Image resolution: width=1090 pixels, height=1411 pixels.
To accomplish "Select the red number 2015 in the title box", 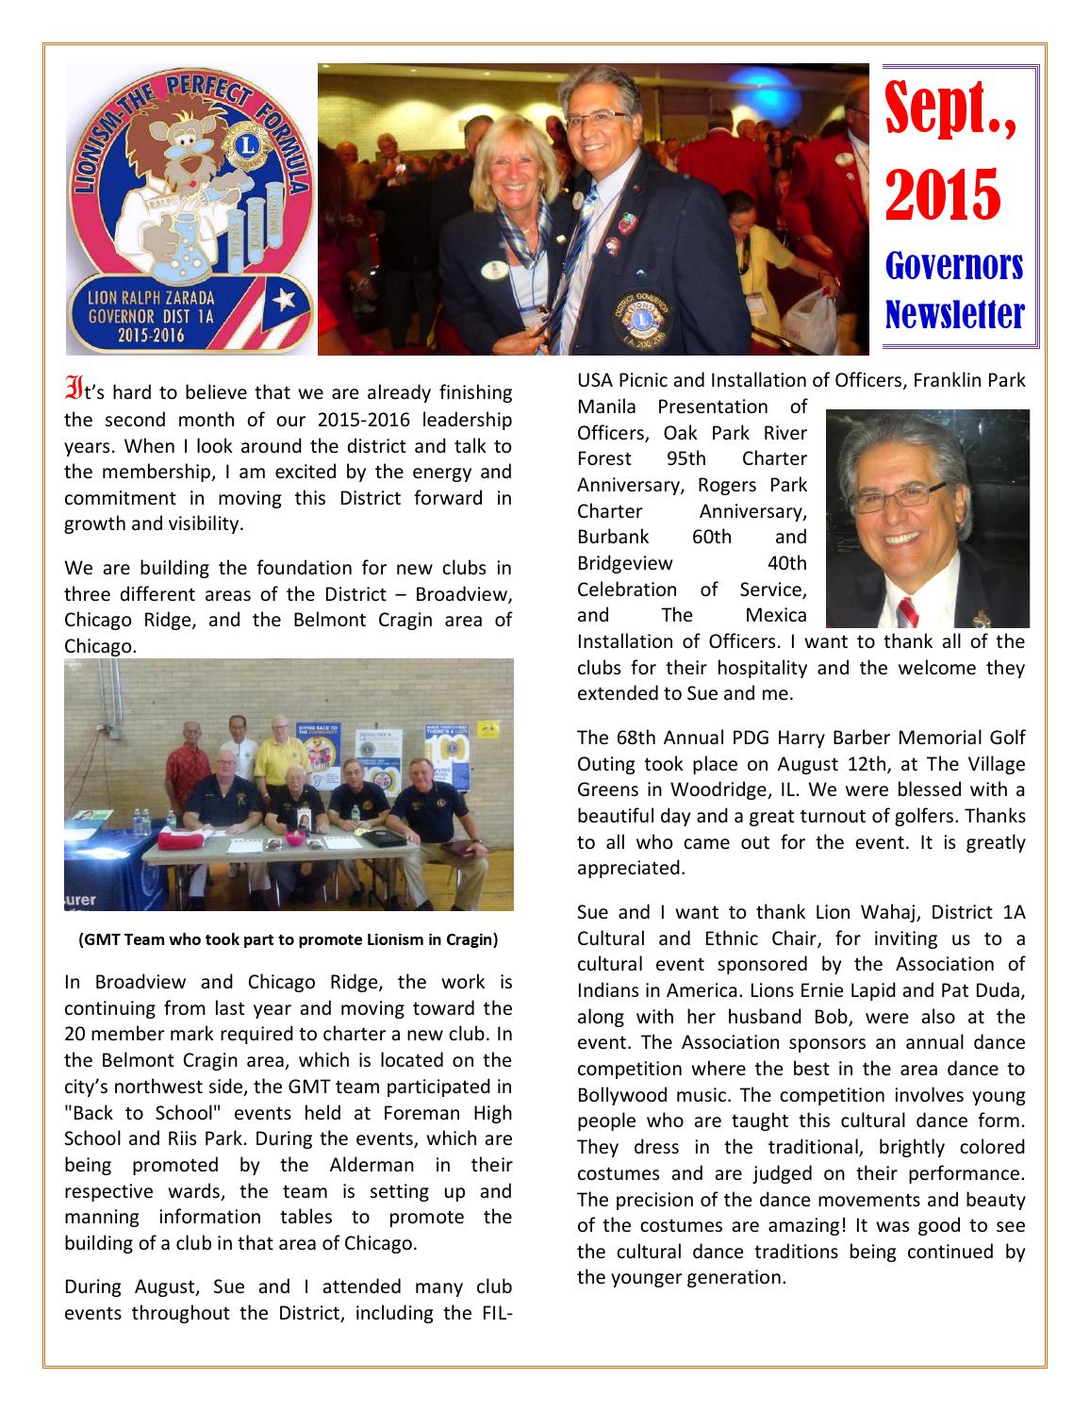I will (x=942, y=192).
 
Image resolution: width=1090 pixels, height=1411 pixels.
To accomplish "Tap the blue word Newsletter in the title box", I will (x=954, y=312).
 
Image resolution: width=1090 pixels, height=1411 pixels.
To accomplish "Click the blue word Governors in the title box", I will (x=954, y=267).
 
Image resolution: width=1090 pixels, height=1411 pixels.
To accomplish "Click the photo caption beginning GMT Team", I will (x=288, y=939).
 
